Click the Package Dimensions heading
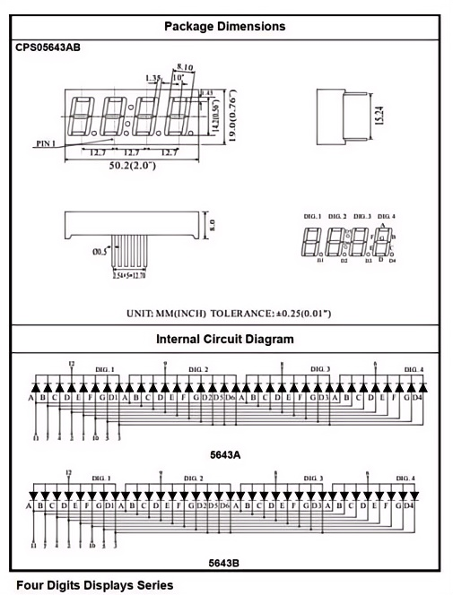pyautogui.click(x=224, y=26)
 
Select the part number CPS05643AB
pyautogui.click(x=48, y=47)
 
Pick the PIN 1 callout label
pyautogui.click(x=46, y=142)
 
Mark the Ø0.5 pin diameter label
pyautogui.click(x=100, y=253)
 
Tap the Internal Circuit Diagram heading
pyautogui.click(x=224, y=340)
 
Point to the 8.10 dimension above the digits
pyautogui.click(x=187, y=66)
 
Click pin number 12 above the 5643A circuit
pyautogui.click(x=70, y=363)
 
